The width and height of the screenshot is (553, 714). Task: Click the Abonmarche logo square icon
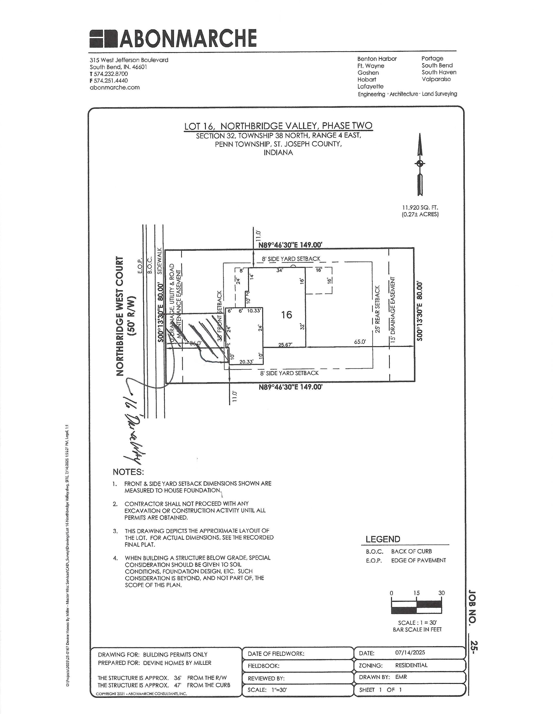click(103, 38)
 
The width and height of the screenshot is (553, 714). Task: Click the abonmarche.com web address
click(114, 88)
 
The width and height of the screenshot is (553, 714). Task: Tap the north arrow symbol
click(420, 163)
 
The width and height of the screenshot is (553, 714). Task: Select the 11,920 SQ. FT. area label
click(420, 208)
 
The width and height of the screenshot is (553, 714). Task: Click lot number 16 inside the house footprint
click(286, 315)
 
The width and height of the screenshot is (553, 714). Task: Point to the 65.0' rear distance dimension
click(360, 342)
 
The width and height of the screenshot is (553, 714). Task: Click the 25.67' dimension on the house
click(285, 345)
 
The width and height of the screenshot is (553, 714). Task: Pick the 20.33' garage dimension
click(246, 362)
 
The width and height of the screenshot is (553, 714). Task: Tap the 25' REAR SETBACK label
click(377, 309)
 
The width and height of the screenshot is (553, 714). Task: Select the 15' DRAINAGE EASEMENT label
click(393, 310)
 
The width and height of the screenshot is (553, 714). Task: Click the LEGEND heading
click(383, 539)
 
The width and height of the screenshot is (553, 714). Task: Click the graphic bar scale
click(416, 606)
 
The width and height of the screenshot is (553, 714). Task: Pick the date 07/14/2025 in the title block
click(410, 653)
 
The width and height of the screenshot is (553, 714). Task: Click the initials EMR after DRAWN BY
click(401, 677)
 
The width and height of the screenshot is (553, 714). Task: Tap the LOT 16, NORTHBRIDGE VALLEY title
click(278, 126)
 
